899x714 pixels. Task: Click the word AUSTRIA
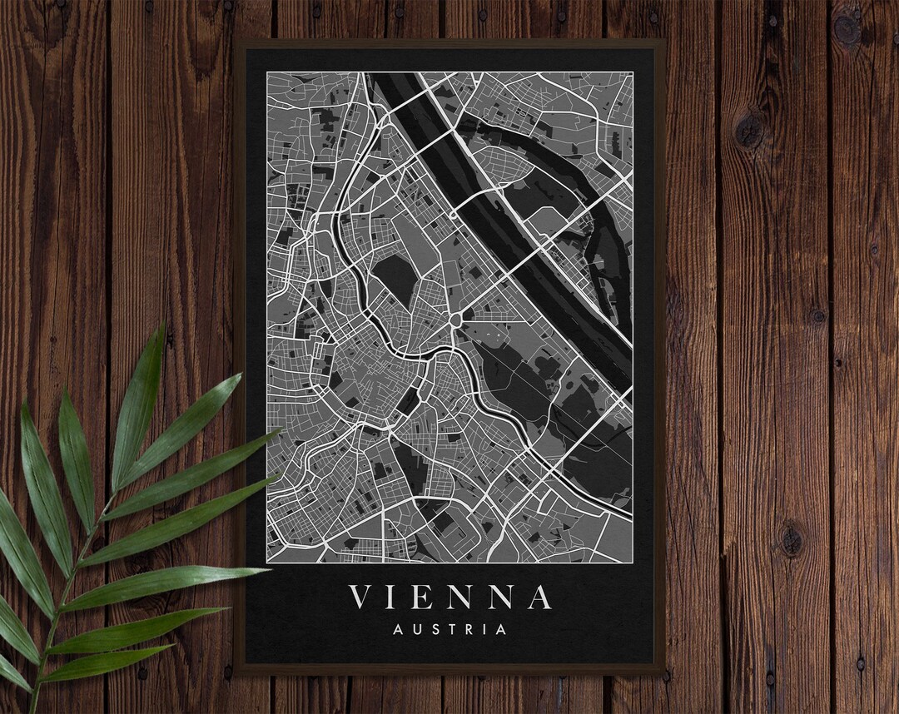449,629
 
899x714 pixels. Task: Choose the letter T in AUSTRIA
449,629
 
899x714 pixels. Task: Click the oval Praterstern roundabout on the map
456,320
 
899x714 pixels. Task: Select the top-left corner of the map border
267,72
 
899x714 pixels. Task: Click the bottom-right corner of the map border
633,563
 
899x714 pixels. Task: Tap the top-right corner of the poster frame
664,40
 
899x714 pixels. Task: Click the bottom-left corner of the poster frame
236,672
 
